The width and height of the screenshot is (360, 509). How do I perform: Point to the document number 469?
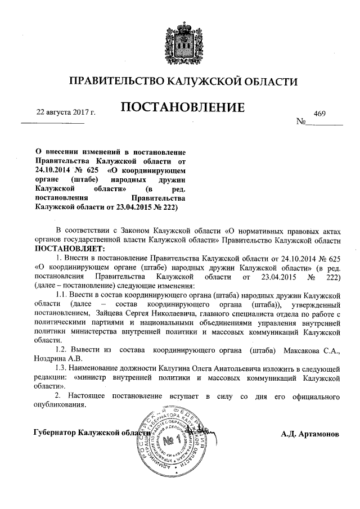click(x=320, y=113)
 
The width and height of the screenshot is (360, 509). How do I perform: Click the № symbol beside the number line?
click(x=300, y=121)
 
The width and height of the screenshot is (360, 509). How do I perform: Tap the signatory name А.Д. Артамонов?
click(x=310, y=435)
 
